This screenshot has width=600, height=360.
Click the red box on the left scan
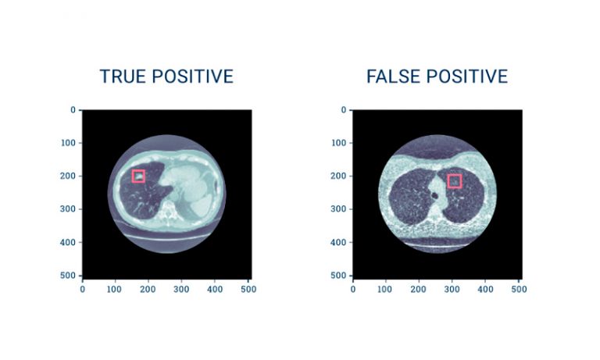pyautogui.click(x=138, y=176)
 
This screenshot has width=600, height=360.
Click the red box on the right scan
pyautogui.click(x=454, y=181)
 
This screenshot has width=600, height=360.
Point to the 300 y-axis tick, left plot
pyautogui.click(x=68, y=209)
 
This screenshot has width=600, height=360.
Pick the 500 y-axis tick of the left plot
pyautogui.click(x=68, y=276)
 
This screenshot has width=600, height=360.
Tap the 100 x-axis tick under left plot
pyautogui.click(x=115, y=289)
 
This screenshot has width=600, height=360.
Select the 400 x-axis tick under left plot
pyautogui.click(x=214, y=289)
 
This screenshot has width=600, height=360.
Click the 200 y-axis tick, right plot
pyautogui.click(x=338, y=176)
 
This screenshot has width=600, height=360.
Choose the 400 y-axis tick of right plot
pyautogui.click(x=338, y=243)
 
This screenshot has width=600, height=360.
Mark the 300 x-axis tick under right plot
pyautogui.click(x=452, y=289)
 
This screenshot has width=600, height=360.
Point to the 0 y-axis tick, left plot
pyautogui.click(x=73, y=110)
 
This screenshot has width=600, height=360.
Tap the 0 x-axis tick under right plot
pyautogui.click(x=353, y=289)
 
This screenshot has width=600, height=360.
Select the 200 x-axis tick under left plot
pyautogui.click(x=148, y=289)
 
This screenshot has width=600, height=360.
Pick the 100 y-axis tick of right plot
pyautogui.click(x=338, y=143)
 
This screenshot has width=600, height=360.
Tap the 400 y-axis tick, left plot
pyautogui.click(x=68, y=243)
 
